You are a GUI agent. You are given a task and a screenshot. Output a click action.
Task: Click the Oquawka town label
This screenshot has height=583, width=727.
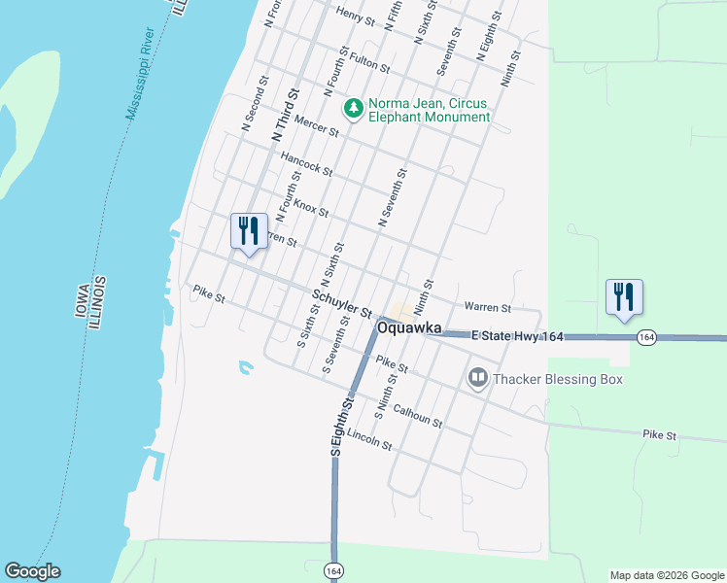tap(409, 329)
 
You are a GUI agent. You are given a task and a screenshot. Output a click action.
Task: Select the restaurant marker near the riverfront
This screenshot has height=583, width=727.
tap(249, 231)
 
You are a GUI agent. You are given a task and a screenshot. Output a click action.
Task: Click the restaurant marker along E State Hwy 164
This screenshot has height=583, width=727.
tap(623, 297)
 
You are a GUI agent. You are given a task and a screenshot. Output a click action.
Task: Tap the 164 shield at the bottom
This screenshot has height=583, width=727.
tap(333, 568)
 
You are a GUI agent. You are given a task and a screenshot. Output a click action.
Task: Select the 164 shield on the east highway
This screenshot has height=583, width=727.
tap(647, 337)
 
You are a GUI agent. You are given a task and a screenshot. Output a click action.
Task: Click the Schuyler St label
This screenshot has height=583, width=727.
tap(342, 303)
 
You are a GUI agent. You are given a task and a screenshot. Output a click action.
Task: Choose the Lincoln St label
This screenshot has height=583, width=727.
tap(368, 440)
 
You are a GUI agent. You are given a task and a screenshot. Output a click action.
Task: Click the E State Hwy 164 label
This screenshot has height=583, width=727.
tap(518, 336)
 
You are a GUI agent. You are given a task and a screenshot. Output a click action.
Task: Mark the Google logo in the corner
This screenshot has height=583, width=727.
tap(32, 571)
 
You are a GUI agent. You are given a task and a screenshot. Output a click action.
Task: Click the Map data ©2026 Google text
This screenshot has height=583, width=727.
tap(667, 575)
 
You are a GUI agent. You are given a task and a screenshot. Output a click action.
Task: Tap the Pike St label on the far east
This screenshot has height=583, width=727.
tap(659, 436)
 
